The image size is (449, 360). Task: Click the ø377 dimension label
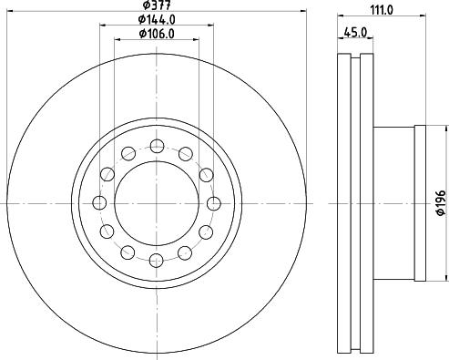[x=157, y=5]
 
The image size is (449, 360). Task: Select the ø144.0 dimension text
[x=157, y=20]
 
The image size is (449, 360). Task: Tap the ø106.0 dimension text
[x=157, y=34]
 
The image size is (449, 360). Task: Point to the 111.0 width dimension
[x=382, y=10]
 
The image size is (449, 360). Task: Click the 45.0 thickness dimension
[x=355, y=32]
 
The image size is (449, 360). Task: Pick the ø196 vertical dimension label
[x=441, y=203]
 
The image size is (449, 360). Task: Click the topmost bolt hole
[x=157, y=146]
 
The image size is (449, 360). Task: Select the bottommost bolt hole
[x=157, y=261]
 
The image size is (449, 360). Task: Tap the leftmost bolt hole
[x=99, y=202]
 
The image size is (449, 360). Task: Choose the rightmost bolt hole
[x=214, y=203]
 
